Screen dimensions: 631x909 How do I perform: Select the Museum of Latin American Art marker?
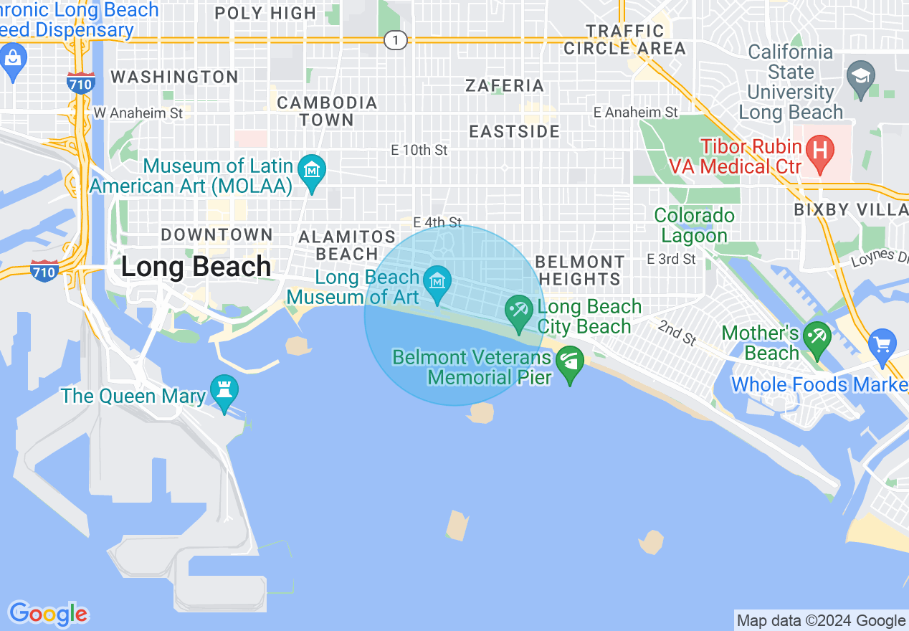[x=312, y=171]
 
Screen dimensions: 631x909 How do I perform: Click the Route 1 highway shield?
[x=395, y=40]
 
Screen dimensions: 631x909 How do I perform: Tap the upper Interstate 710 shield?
[x=80, y=83]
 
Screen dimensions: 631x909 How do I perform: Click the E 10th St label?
[x=419, y=150]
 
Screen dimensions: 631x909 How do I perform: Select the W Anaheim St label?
[x=138, y=113]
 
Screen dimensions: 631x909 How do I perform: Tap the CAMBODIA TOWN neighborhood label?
[x=327, y=111]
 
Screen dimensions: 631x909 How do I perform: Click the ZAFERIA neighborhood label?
[x=505, y=85]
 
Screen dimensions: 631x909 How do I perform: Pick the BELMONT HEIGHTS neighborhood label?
[x=580, y=270]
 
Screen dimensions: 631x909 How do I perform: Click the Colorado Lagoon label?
[x=694, y=225]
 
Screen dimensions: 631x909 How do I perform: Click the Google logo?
[x=48, y=614]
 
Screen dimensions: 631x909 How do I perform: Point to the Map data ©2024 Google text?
[x=822, y=620]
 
